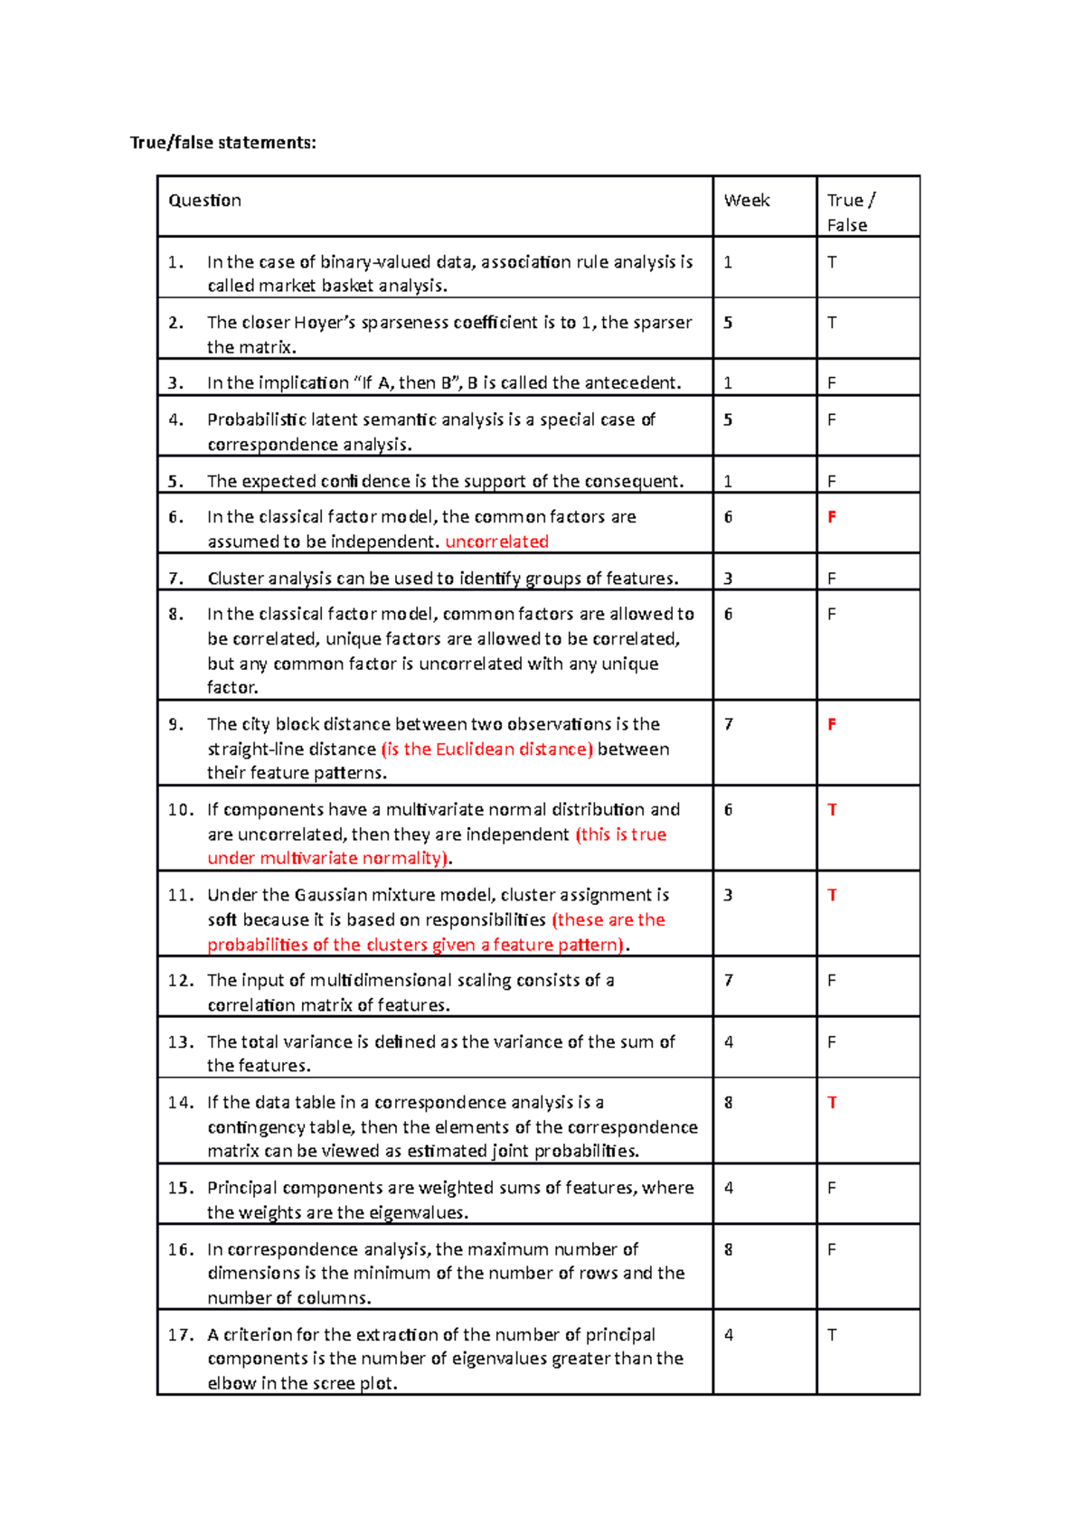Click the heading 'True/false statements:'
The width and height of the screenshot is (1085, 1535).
(x=223, y=143)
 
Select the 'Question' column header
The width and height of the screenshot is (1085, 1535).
(x=204, y=201)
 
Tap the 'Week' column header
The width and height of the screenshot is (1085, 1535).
(x=746, y=201)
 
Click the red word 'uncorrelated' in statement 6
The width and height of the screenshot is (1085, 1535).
(x=496, y=541)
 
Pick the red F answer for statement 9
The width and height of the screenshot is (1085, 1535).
(x=832, y=724)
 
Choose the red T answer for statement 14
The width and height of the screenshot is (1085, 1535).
(x=832, y=1103)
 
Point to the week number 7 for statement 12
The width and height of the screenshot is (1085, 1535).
(x=729, y=981)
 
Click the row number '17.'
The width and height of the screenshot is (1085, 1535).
(x=180, y=1335)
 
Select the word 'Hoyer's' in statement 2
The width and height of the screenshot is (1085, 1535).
(x=325, y=323)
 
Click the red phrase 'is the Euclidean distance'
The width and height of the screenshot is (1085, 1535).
(x=486, y=749)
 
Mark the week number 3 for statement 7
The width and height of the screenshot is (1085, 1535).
(x=729, y=579)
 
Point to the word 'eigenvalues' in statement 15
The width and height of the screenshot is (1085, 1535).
(x=420, y=1213)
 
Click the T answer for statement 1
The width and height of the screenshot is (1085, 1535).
(x=832, y=262)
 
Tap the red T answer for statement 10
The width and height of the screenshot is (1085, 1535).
(x=832, y=810)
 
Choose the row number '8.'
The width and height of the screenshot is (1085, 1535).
(x=176, y=615)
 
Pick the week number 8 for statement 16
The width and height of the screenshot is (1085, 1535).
(x=729, y=1250)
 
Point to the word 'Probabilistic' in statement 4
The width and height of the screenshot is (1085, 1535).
(x=256, y=420)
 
